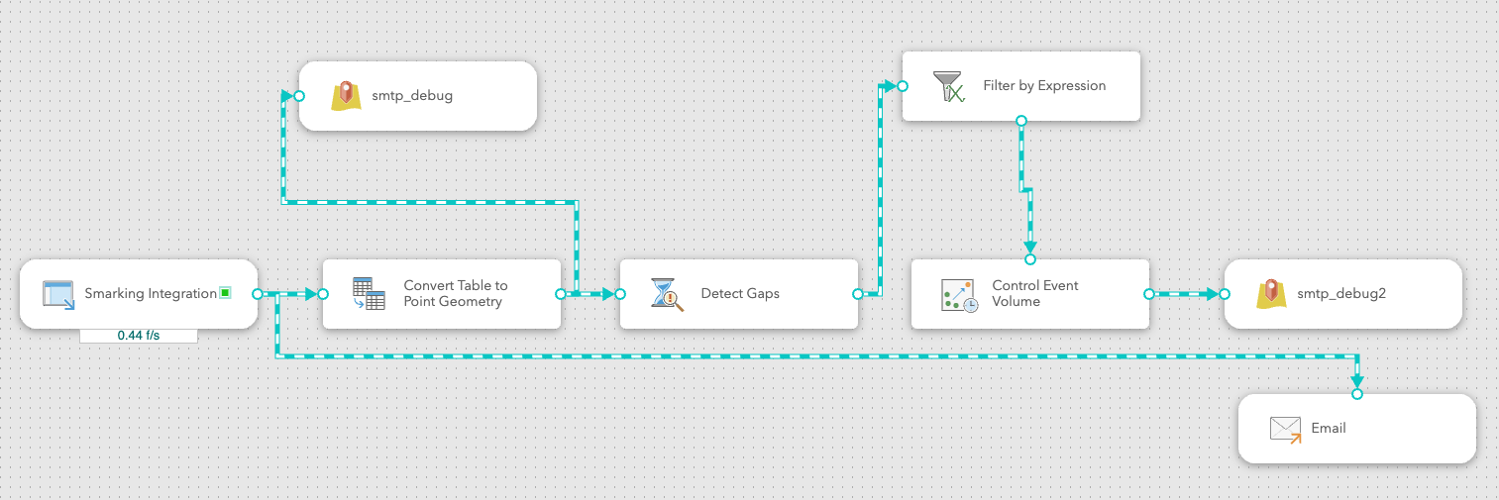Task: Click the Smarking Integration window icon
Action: [58, 295]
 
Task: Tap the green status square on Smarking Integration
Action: [226, 293]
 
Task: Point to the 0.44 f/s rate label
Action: [139, 336]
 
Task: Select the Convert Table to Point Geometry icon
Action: [369, 293]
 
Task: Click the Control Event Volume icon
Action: [960, 295]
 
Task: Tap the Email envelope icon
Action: [1286, 430]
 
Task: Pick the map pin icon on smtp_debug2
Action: [1271, 294]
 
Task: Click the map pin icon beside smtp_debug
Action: [346, 96]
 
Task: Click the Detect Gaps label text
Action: [740, 293]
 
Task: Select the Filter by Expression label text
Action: [1044, 85]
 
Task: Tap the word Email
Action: [1329, 428]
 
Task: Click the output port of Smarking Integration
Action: [258, 294]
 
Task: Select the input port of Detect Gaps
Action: [620, 294]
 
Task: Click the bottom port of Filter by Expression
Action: [1021, 121]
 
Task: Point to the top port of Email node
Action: [1357, 394]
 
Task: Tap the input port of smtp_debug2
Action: [1225, 294]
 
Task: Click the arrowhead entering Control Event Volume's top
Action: [1030, 248]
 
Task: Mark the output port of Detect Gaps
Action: [858, 294]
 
